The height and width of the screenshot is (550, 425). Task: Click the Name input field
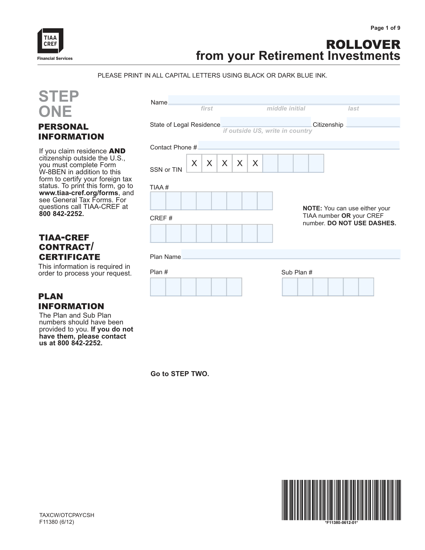284,100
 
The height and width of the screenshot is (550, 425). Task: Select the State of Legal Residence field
266,122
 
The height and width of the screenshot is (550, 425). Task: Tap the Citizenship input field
373,122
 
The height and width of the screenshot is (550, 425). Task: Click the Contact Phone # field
299,145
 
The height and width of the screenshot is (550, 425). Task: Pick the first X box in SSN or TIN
194,163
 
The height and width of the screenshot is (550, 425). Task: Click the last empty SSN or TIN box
316,163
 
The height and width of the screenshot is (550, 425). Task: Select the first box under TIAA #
158,201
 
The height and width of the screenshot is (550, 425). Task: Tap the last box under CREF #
265,233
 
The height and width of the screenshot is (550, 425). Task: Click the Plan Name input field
290,254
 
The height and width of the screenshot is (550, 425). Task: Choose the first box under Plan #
158,287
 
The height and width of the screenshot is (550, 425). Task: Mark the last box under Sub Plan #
366,287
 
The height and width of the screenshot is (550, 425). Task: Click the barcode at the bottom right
341,500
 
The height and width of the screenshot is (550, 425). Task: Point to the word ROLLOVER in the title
363,45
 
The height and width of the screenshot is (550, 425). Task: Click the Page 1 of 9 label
385,28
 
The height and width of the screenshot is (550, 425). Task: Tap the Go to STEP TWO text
180,374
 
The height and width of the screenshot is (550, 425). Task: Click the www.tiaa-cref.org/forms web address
79,193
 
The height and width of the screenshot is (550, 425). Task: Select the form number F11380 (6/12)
57,522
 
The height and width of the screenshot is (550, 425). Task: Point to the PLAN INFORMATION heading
71,301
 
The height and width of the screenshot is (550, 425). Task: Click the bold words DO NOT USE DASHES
362,223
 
